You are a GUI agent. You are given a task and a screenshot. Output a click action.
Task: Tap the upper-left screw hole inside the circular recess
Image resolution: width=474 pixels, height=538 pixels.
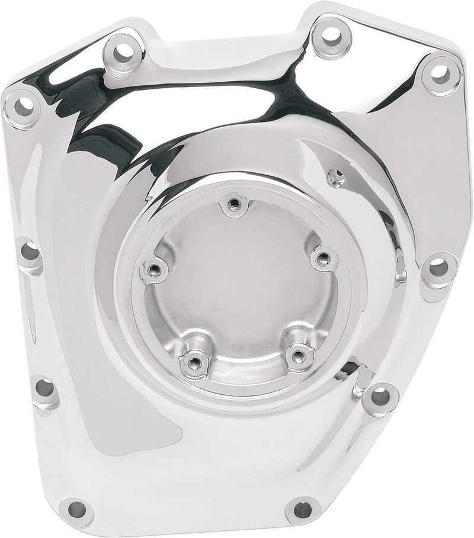pos(153,270)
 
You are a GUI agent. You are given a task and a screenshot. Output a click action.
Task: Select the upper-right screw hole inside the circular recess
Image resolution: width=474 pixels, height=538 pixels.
pos(322,257)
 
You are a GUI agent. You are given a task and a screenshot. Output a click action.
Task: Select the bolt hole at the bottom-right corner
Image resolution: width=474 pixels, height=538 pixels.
pos(302,509)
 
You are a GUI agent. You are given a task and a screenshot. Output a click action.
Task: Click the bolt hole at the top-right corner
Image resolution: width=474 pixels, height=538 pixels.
pos(440,73)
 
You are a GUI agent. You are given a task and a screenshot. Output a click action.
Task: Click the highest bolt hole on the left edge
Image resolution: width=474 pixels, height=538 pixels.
pos(23,106)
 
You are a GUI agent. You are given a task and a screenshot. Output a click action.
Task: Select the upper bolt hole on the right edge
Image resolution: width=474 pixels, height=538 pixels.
pos(438,268)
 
